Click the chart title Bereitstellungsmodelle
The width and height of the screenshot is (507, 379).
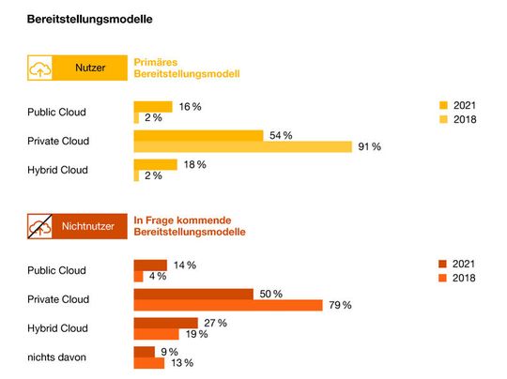point(90,19)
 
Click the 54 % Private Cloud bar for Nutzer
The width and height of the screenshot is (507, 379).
point(198,135)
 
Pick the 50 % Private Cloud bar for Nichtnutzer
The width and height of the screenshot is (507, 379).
point(192,294)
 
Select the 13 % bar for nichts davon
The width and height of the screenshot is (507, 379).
point(148,363)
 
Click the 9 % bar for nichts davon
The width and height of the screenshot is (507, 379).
point(144,352)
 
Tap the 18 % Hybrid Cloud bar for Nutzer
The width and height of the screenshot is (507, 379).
point(155,164)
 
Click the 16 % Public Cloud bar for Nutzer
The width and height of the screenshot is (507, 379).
point(153,106)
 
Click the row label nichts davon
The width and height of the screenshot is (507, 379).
point(56,357)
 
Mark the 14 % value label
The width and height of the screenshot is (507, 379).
point(184,265)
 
